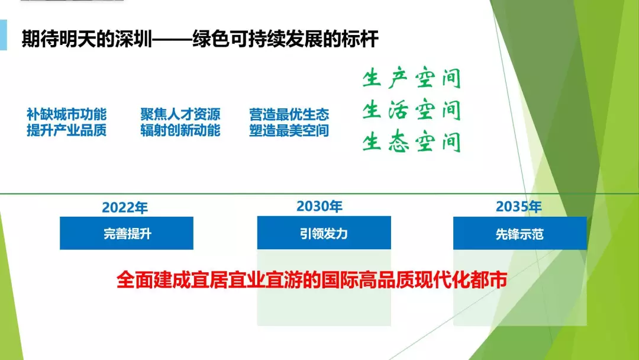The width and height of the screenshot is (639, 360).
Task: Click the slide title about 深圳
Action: tap(200, 39)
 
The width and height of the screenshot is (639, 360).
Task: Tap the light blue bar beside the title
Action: tap(4, 35)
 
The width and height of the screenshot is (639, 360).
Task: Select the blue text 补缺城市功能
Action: tap(66, 114)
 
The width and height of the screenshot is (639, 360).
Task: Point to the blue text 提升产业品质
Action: tap(66, 130)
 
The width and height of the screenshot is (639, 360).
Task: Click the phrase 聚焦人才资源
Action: tap(180, 114)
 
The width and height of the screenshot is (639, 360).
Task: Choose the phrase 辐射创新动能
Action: tap(180, 130)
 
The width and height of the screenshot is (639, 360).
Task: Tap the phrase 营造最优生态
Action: tap(289, 114)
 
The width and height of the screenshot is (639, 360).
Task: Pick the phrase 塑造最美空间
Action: tap(289, 130)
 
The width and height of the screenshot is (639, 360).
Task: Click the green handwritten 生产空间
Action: tap(412, 78)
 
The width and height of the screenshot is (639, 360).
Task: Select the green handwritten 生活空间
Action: tap(412, 111)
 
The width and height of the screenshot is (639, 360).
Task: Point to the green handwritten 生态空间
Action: tap(412, 142)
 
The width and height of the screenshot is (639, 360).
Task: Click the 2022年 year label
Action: tap(125, 207)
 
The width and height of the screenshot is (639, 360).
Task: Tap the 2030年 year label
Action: tap(319, 206)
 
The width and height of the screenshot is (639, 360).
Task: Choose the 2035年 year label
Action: tap(518, 207)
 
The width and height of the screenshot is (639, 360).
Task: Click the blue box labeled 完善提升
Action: tap(127, 233)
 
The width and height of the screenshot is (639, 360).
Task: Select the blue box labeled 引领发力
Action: tap(324, 233)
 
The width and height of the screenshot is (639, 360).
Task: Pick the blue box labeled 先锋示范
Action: tap(520, 233)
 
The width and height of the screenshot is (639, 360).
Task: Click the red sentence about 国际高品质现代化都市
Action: tap(312, 280)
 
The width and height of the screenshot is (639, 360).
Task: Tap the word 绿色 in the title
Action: tap(211, 39)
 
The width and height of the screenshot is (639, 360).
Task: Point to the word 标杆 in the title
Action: tap(360, 39)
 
